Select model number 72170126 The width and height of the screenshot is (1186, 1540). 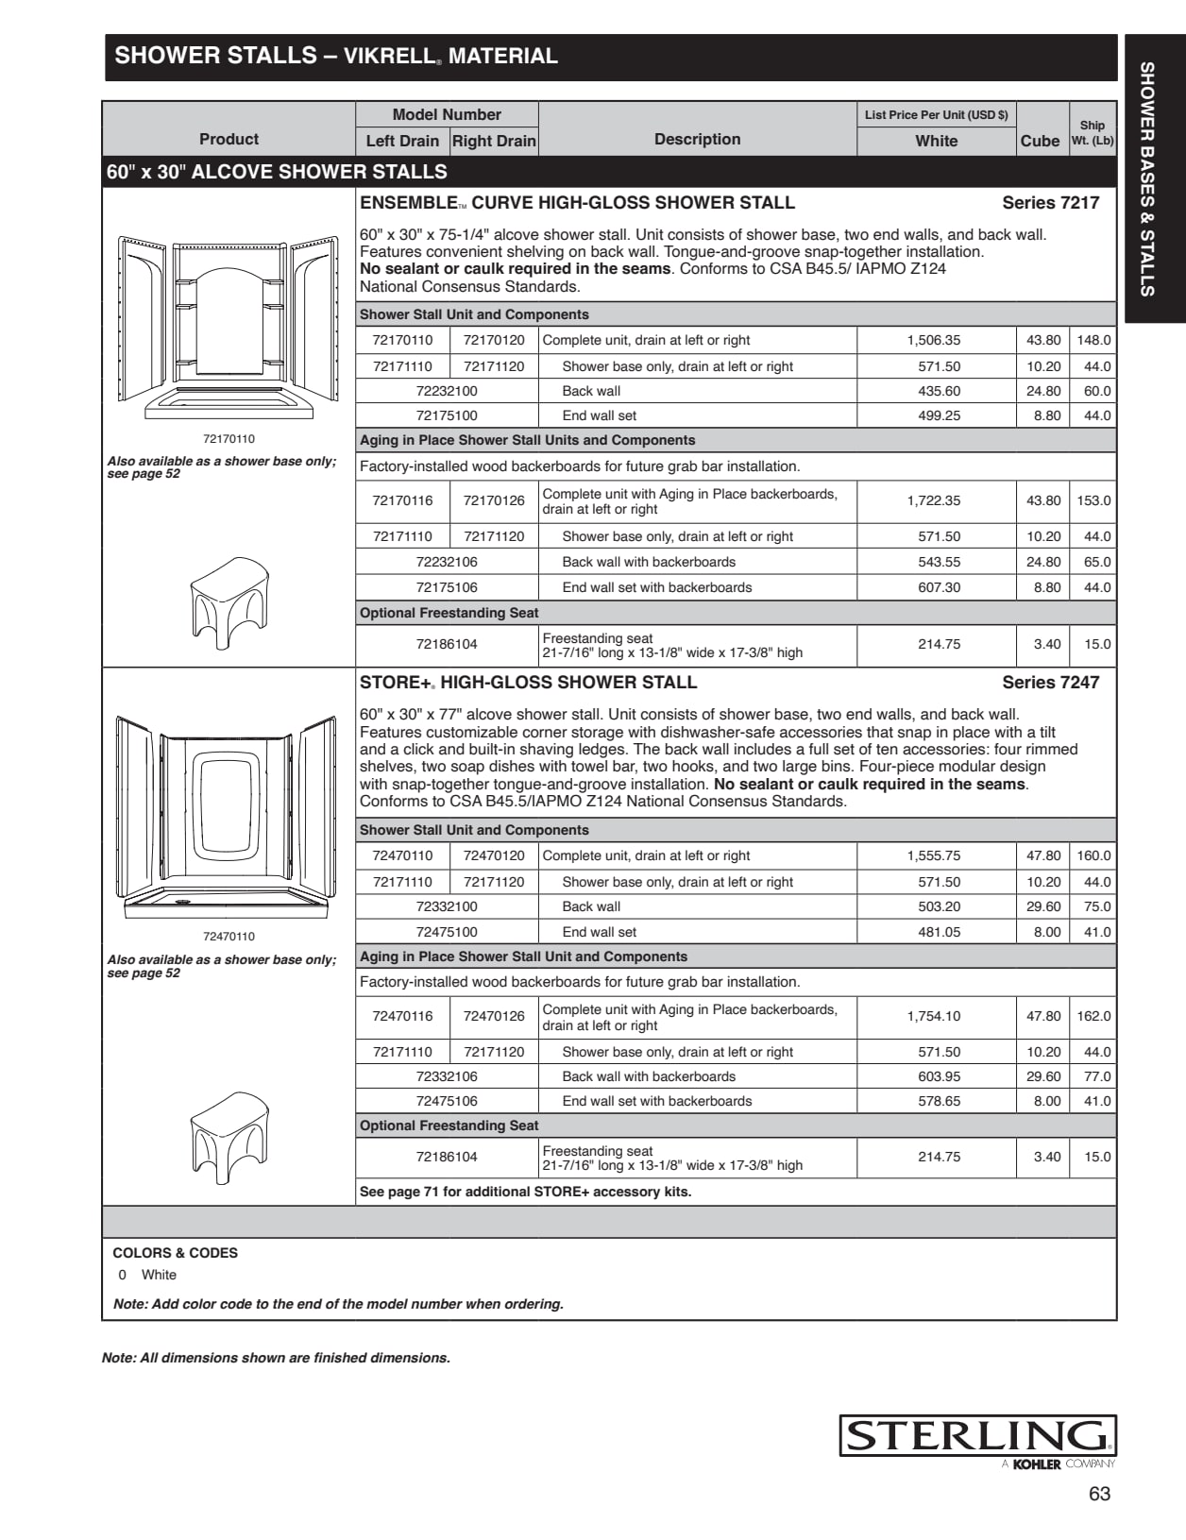(x=494, y=500)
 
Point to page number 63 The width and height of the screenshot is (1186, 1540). (x=1099, y=1494)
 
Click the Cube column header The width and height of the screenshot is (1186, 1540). (x=1040, y=141)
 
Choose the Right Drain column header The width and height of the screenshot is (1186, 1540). (x=494, y=141)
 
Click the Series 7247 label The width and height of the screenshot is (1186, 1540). (x=1050, y=682)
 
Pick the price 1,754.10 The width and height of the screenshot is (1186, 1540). (x=933, y=1016)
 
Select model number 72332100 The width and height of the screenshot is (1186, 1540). (x=447, y=906)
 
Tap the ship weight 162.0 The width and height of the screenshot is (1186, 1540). (x=1093, y=1016)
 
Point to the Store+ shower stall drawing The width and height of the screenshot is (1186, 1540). (x=227, y=817)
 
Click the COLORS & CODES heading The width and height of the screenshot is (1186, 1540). (x=175, y=1253)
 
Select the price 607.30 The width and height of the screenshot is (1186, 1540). (x=939, y=587)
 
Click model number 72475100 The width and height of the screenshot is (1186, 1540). (x=447, y=932)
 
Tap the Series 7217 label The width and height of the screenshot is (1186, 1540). (x=1050, y=202)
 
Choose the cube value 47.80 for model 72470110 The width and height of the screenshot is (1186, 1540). (x=1043, y=855)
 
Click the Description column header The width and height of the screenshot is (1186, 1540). (x=697, y=139)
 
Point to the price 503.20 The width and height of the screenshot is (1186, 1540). (x=939, y=906)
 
